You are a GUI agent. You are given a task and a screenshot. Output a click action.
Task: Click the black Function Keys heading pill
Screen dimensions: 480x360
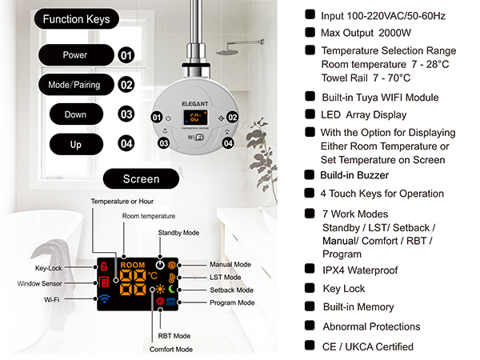point(76,19)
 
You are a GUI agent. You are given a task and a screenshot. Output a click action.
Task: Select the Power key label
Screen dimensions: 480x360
point(76,54)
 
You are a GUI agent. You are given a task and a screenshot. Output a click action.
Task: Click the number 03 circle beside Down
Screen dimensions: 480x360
point(126,114)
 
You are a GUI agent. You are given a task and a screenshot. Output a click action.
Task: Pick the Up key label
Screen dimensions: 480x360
point(76,144)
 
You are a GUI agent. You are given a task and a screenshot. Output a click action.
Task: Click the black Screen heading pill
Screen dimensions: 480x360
point(141,178)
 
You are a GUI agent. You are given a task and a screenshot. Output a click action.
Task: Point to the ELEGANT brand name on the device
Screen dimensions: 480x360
point(195,104)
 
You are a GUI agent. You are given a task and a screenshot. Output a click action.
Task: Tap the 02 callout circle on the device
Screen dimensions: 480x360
point(232,118)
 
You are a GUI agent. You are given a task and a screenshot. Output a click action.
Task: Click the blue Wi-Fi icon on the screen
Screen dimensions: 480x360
point(104,298)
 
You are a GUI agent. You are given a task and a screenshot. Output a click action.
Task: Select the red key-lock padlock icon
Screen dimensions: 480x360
point(104,266)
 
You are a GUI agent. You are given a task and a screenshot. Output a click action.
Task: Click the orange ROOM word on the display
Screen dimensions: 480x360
point(133,265)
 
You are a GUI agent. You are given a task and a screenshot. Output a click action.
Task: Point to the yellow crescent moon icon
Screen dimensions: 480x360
point(172,289)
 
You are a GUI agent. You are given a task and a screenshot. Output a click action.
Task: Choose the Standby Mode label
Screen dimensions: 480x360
point(178,233)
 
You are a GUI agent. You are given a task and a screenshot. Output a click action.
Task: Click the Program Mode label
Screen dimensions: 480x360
point(232,302)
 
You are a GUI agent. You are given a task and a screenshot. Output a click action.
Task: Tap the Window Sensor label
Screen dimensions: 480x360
point(39,284)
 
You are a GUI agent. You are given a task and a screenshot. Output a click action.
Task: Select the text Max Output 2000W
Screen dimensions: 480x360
point(366,33)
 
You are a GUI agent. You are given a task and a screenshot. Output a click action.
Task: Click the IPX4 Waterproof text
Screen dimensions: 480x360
point(360,270)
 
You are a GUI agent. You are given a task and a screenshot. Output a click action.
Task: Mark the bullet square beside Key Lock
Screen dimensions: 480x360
point(310,288)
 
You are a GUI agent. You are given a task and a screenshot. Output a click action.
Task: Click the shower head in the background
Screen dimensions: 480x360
point(227,52)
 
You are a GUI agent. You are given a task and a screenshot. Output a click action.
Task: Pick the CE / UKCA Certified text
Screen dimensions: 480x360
point(368,347)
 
